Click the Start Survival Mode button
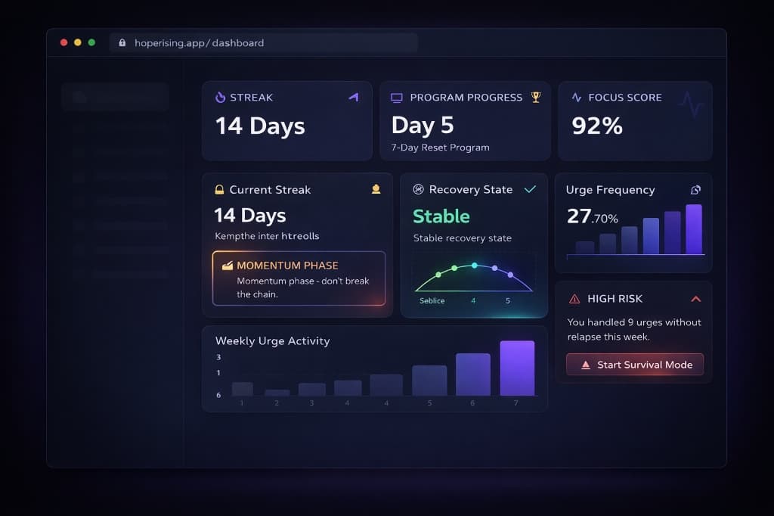635,365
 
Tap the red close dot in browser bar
63,42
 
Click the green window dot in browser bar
91,42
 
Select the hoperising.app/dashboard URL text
199,43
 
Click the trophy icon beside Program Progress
536,97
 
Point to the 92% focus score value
597,126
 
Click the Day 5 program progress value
422,125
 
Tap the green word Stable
441,216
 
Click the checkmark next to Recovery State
530,189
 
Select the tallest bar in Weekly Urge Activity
517,368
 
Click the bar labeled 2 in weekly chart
277,393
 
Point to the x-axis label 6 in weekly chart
473,403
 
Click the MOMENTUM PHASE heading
287,266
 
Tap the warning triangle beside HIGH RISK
574,299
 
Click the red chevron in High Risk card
696,299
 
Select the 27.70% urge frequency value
593,217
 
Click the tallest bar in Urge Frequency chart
693,229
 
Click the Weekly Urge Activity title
272,340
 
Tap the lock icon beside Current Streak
219,190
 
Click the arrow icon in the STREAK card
353,97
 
